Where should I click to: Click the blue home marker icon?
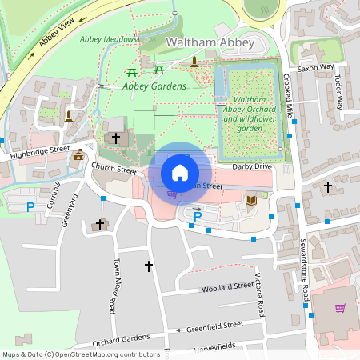tap(180, 173)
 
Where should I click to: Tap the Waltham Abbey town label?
tap(210, 42)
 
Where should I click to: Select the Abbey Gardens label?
tap(154, 86)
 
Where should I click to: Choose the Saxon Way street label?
tap(314, 69)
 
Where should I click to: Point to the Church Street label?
tap(114, 168)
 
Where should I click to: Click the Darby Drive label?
tap(253, 166)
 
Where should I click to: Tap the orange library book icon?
tap(251, 199)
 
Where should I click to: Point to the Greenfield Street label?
tap(214, 326)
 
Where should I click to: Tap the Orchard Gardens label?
tap(121, 338)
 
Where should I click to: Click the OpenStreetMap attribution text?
tap(81, 354)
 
